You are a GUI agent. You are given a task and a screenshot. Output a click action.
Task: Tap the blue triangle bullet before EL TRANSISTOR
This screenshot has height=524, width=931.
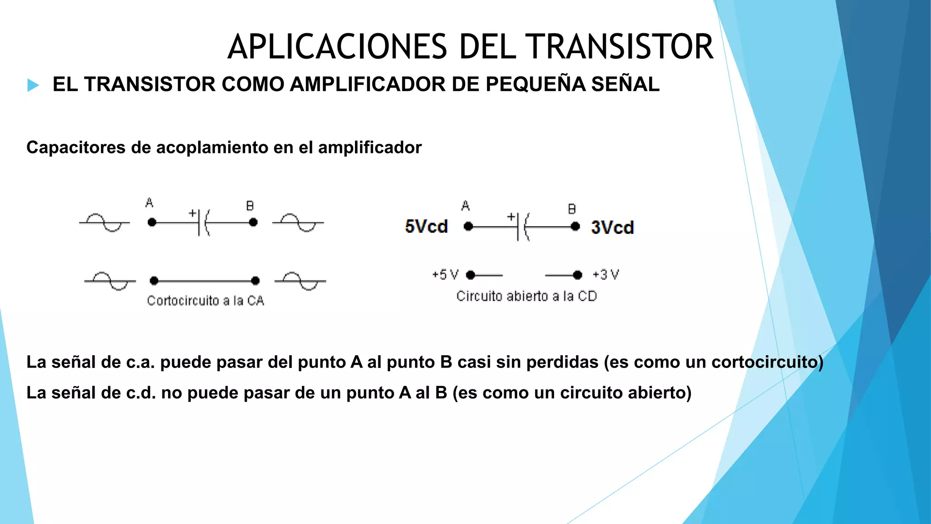tap(33, 85)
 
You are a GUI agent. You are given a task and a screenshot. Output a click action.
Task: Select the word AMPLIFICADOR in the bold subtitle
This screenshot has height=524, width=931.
tap(367, 85)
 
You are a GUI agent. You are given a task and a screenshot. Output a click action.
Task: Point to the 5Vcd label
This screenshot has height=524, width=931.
tap(426, 227)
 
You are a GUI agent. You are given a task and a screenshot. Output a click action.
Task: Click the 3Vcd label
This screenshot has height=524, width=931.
tap(612, 227)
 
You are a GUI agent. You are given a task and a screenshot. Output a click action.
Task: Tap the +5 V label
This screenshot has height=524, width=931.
tap(445, 275)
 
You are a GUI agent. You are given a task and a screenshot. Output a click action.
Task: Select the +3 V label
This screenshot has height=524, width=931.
tap(606, 275)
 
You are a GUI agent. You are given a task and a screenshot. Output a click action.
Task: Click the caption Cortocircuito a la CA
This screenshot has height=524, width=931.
tap(205, 301)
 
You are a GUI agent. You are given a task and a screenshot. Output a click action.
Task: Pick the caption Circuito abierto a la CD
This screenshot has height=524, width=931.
tap(526, 296)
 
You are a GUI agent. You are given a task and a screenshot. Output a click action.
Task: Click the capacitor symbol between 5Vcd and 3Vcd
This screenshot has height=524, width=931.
tap(522, 226)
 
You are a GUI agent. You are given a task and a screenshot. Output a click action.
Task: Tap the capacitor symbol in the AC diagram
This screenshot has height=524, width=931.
tap(203, 222)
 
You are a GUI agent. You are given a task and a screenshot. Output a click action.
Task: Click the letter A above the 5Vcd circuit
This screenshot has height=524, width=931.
tap(465, 206)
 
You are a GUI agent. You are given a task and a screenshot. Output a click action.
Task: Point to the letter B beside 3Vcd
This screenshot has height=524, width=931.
tap(572, 209)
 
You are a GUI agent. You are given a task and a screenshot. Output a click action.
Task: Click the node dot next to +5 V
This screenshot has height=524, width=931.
tap(471, 275)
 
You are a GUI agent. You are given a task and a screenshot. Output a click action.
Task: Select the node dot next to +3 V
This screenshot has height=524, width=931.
tap(577, 275)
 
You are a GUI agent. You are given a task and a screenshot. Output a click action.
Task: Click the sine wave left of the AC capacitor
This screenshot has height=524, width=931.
tap(105, 222)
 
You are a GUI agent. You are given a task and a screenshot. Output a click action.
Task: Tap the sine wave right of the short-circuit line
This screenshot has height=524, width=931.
tap(300, 281)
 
